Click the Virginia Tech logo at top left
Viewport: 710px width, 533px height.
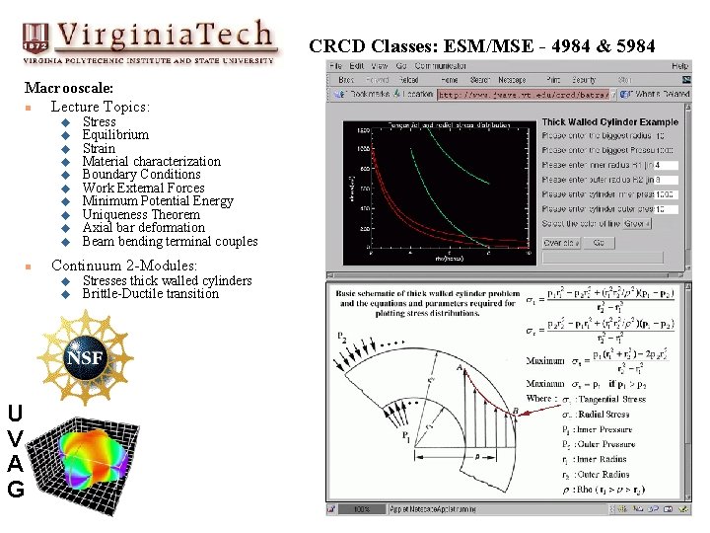pos(148,41)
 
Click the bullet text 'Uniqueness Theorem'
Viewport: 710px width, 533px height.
pos(141,214)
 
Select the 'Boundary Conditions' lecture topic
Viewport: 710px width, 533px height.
pos(141,175)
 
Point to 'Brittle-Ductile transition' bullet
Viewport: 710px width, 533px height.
pos(150,294)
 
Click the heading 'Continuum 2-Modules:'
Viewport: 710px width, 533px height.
pos(124,266)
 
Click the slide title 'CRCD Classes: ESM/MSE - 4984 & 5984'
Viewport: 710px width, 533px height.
pos(481,46)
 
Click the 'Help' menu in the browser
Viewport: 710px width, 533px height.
pos(680,66)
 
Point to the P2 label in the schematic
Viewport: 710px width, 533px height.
pos(344,337)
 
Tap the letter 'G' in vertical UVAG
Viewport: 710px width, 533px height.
pos(15,488)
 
